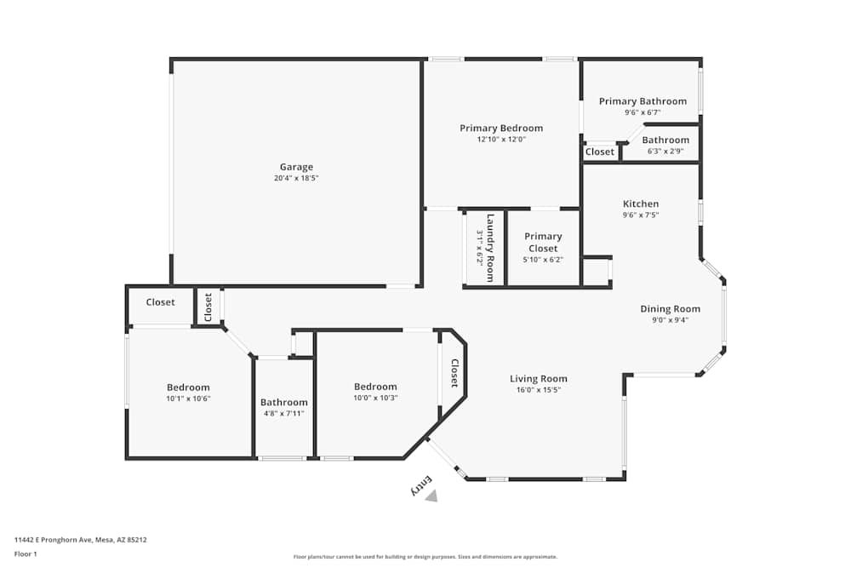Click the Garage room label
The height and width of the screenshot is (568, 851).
point(296,167)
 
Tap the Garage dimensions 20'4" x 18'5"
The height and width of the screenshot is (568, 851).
point(296,178)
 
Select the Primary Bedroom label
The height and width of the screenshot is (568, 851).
point(501,129)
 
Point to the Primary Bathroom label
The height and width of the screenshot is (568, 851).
point(643,101)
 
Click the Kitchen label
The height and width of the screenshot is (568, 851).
point(641,204)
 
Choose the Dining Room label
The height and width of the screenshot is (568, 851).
point(671,309)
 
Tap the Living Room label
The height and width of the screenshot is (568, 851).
point(539,379)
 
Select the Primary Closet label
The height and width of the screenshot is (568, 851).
point(543,242)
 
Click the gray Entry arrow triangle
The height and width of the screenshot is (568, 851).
point(432,496)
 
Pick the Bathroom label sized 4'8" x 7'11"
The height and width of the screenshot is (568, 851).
point(284,403)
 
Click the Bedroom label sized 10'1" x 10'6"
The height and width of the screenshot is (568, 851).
point(188,387)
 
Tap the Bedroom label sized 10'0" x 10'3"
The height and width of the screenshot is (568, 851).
point(375,387)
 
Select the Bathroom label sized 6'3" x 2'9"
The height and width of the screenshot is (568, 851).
point(665,140)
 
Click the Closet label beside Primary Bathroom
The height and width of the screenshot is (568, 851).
point(600,152)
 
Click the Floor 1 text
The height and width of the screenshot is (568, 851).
point(26,554)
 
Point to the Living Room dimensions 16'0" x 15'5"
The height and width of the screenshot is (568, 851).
point(539,390)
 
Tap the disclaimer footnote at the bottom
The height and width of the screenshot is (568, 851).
point(425,557)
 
